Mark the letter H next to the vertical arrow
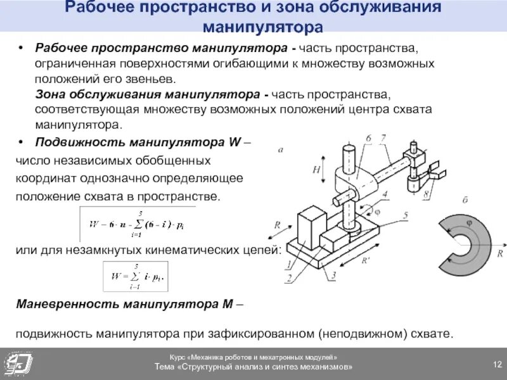click(314, 170)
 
